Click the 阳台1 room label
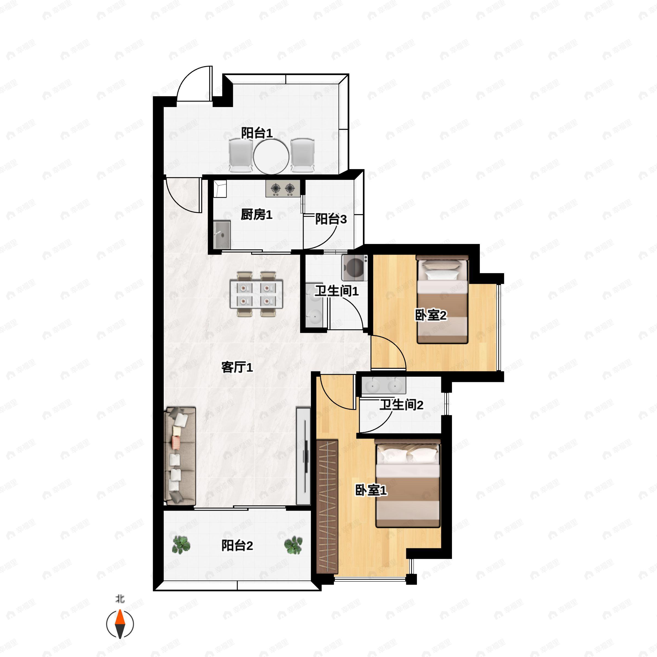[x=257, y=133]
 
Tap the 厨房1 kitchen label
[x=257, y=215]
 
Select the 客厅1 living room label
[x=237, y=367]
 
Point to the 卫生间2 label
[x=401, y=405]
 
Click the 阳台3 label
[x=331, y=219]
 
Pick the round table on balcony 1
[x=271, y=157]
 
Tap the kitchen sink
[x=222, y=235]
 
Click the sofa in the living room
[x=180, y=456]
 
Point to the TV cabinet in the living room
[x=303, y=456]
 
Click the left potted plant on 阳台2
[x=181, y=545]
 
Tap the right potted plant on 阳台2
[x=293, y=545]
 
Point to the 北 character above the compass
[x=120, y=598]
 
